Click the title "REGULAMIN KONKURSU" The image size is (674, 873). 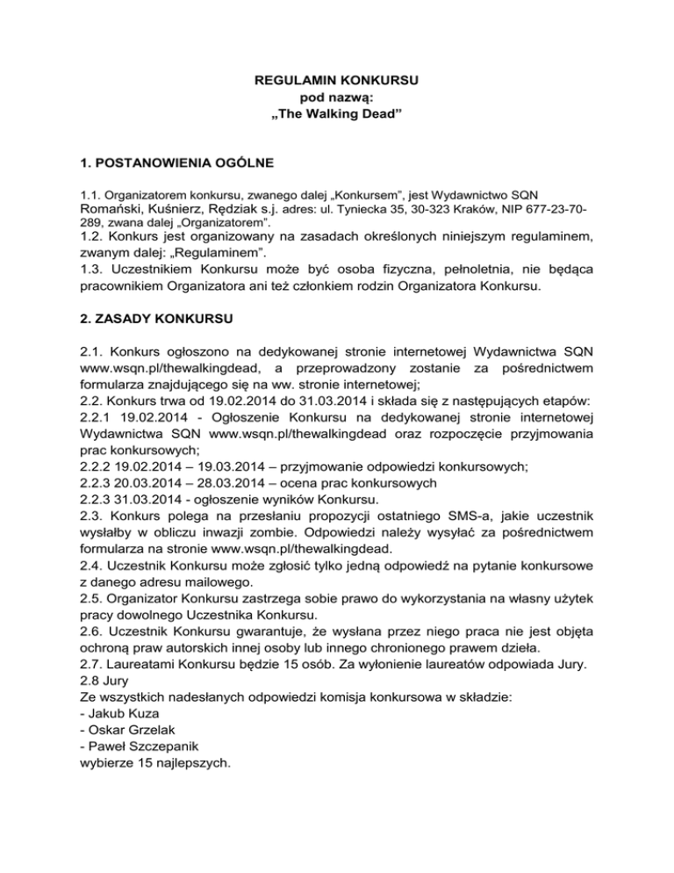pos(337,81)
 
